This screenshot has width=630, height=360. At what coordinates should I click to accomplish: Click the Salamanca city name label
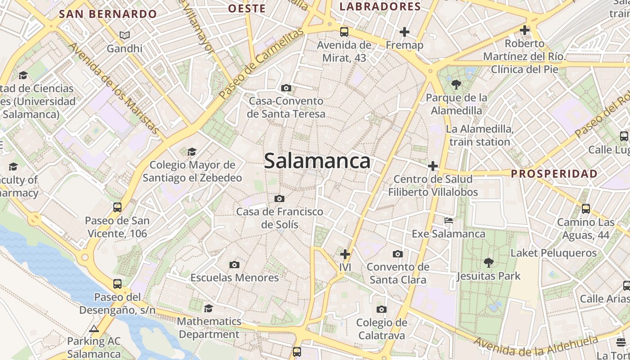pos(317,161)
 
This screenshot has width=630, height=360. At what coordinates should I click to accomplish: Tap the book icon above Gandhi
pos(125,35)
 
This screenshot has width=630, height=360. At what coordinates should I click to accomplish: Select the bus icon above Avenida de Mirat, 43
pos(344,32)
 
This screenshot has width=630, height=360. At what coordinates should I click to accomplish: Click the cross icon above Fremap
pos(405,32)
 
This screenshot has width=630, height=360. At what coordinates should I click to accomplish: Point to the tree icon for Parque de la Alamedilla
pos(456,84)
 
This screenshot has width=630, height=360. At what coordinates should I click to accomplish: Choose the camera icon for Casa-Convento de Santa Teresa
pos(286,88)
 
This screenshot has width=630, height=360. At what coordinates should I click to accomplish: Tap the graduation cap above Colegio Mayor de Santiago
pos(192,152)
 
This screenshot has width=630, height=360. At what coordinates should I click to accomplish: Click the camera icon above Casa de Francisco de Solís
pos(279,198)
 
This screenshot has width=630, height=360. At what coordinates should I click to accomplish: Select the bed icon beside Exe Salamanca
pos(449,220)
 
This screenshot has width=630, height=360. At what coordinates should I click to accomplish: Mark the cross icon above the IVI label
pos(345,254)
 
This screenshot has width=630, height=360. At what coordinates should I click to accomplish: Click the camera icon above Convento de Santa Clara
pos(397,254)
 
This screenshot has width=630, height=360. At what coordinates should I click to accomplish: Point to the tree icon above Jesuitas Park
pos(488,263)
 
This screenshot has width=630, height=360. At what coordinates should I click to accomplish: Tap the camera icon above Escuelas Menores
pos(234,265)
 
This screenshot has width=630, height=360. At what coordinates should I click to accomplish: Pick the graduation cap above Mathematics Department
pos(208,308)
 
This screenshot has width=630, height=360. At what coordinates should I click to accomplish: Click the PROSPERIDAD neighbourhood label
pos(554,174)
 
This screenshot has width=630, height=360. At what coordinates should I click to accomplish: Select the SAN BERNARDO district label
pos(108,14)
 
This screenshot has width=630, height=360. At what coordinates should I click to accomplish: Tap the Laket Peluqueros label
pos(553,253)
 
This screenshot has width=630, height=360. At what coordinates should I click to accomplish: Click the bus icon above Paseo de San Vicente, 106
pos(117,207)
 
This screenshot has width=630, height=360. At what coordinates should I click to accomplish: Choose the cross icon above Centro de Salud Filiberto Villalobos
pos(432,166)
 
